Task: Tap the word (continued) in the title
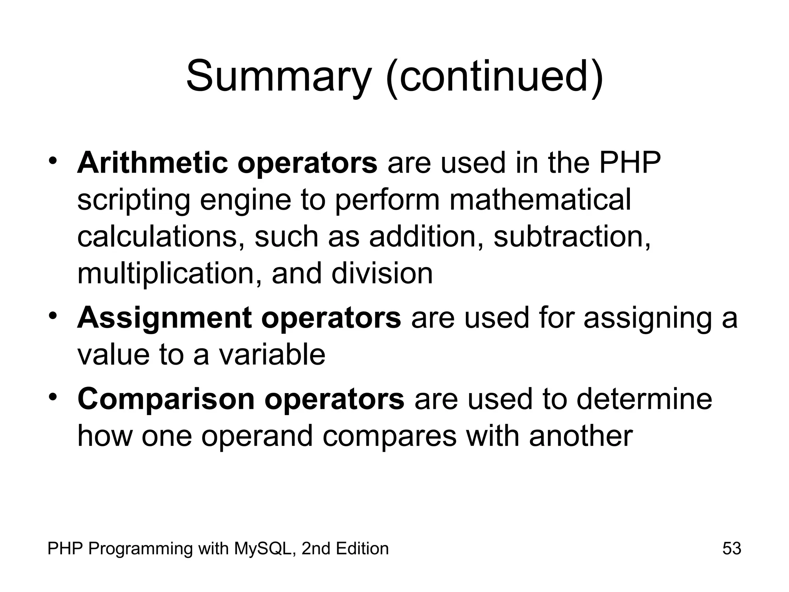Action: [494, 77]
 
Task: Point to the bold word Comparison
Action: [166, 399]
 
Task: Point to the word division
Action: [382, 274]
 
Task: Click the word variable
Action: [272, 355]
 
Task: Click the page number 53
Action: [732, 548]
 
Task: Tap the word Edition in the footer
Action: [362, 548]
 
